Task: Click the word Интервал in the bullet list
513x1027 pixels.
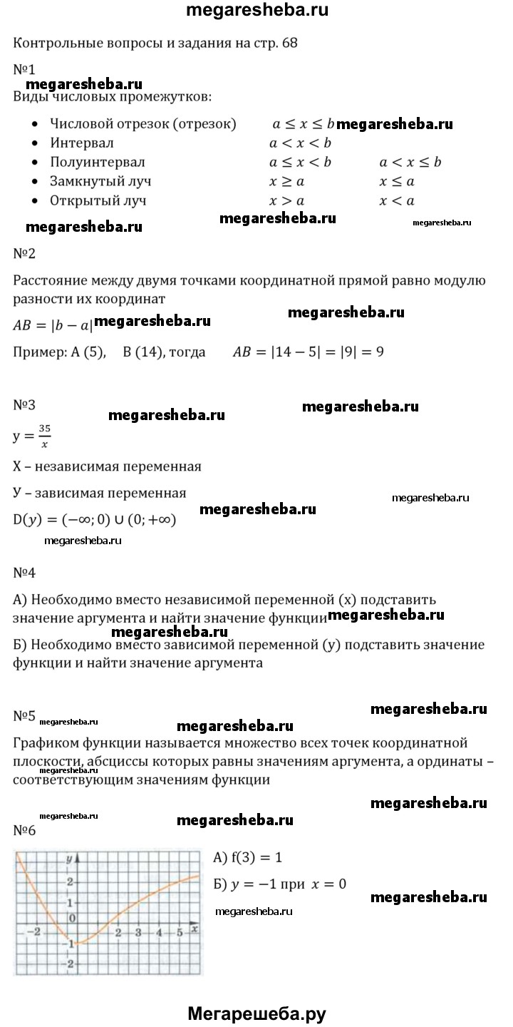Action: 77,143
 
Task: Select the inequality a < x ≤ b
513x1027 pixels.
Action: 410,162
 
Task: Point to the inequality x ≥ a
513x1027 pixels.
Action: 286,181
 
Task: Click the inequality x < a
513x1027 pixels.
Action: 397,200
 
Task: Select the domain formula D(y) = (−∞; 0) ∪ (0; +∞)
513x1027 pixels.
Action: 95,518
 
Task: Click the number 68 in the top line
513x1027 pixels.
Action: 290,43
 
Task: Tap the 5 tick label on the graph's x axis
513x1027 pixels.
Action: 180,933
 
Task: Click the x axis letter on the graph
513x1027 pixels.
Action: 194,929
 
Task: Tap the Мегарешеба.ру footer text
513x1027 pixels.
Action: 256,1013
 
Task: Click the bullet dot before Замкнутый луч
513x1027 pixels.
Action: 35,182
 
